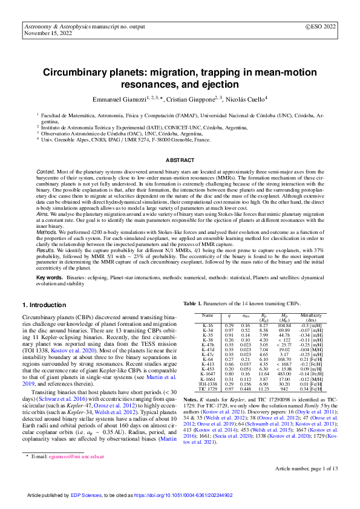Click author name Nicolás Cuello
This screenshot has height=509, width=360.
click(x=245, y=99)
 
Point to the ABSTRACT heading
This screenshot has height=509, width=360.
click(x=180, y=160)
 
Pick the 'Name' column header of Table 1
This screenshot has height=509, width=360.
click(x=208, y=316)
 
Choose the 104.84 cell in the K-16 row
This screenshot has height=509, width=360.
click(x=284, y=325)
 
